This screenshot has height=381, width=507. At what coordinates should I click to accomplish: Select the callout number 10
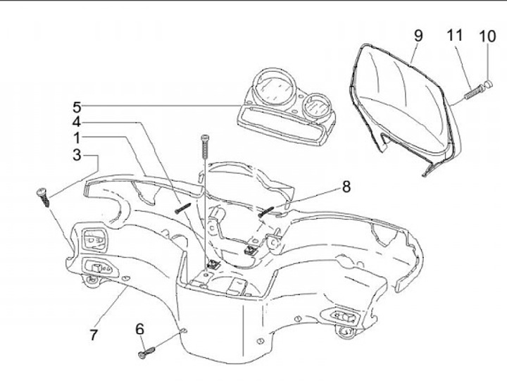click(x=487, y=35)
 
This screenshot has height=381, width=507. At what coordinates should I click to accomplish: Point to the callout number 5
click(x=76, y=107)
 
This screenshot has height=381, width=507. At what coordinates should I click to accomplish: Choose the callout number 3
click(x=76, y=154)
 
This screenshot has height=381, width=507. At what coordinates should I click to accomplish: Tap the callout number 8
click(x=345, y=187)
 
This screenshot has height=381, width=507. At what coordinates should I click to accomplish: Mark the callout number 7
click(x=94, y=335)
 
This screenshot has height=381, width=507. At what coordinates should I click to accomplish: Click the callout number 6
click(x=139, y=328)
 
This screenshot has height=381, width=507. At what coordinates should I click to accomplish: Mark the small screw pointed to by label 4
click(x=182, y=208)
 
